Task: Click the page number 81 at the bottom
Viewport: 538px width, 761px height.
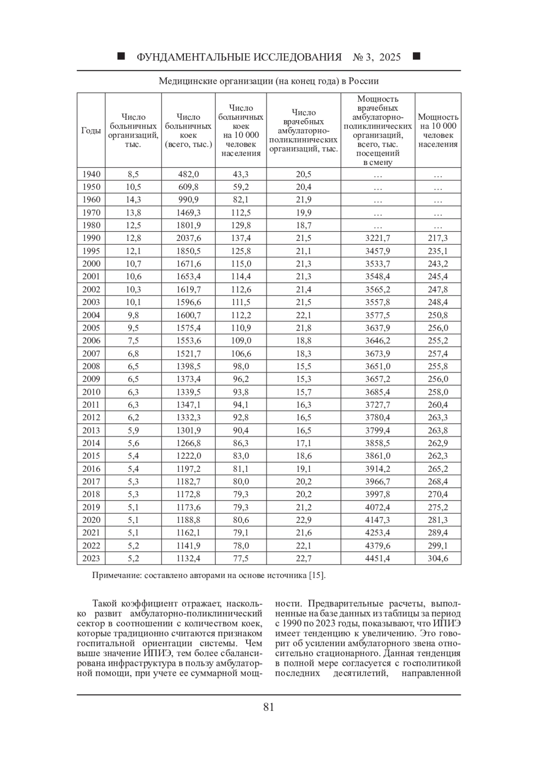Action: click(269, 707)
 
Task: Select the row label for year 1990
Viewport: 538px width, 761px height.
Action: click(91, 238)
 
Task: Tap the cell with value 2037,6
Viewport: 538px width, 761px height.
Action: click(188, 238)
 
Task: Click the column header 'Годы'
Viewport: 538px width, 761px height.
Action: click(91, 130)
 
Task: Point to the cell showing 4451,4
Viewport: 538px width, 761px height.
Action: click(377, 558)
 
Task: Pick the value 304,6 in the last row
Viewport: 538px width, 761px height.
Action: click(438, 558)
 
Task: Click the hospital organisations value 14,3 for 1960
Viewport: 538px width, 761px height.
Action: click(133, 200)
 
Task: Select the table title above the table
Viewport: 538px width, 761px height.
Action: click(269, 81)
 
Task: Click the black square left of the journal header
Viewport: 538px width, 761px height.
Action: click(121, 57)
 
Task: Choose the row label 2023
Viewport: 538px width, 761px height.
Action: click(91, 558)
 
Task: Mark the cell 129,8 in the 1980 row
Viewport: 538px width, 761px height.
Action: click(241, 225)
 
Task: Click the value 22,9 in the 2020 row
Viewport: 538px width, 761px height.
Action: click(304, 520)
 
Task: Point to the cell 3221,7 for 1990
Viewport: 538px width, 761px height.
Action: click(377, 238)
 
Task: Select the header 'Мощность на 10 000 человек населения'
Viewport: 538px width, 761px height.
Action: click(438, 130)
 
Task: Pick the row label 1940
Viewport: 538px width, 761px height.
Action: click(91, 174)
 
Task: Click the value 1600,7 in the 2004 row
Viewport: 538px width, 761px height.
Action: click(188, 315)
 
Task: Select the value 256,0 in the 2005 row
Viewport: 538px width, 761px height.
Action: click(438, 328)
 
